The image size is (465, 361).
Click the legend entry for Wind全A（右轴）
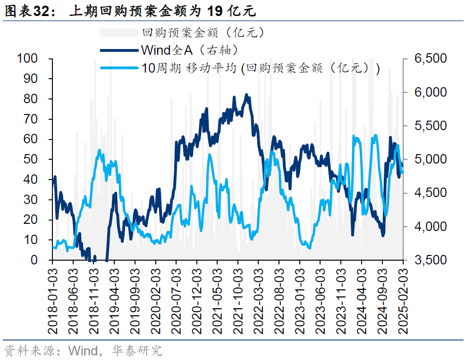pyautogui.click(x=189, y=49)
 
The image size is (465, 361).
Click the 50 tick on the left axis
pyautogui.click(x=31, y=159)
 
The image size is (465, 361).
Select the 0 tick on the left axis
pyautogui.click(x=35, y=260)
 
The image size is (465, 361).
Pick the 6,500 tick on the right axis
pyautogui.click(x=430, y=58)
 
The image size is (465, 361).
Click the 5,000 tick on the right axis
pyautogui.click(x=430, y=159)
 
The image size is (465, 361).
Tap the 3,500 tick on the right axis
pyautogui.click(x=430, y=260)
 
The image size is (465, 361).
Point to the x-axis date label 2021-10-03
pyautogui.click(x=239, y=299)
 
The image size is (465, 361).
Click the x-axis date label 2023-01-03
pyautogui.click(x=301, y=299)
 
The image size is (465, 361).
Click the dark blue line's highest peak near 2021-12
pyautogui.click(x=246, y=95)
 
